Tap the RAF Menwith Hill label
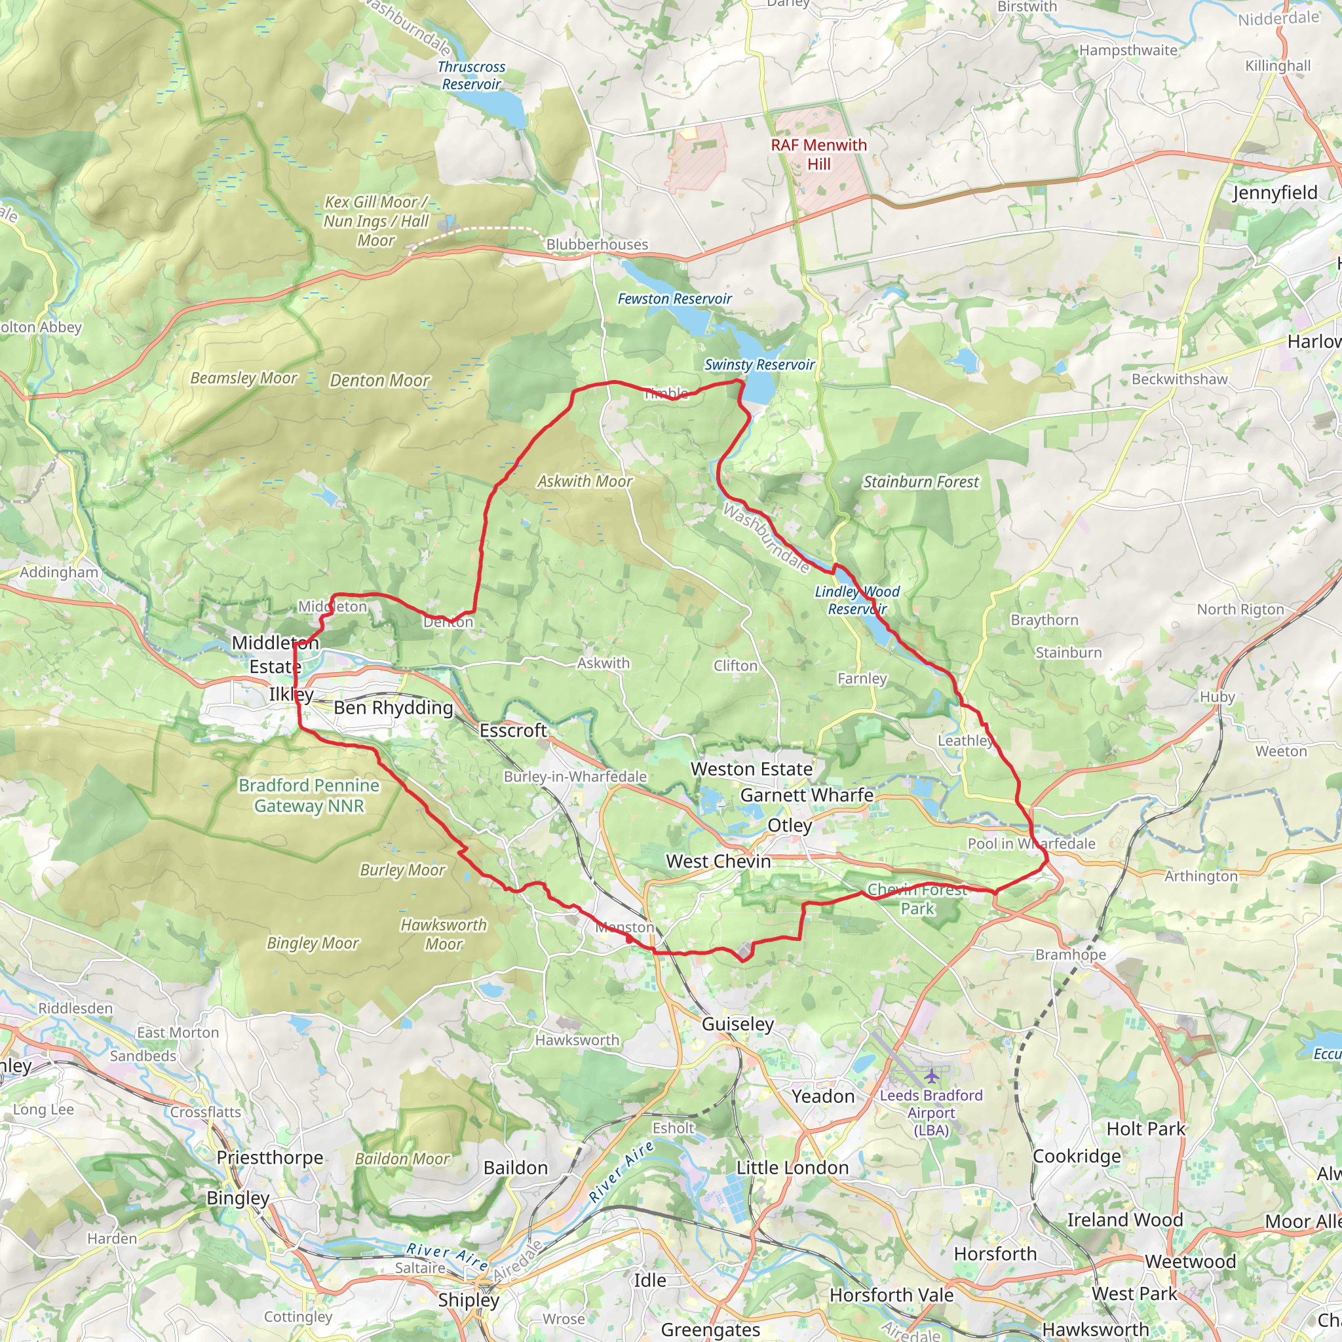[819, 154]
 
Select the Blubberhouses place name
[597, 244]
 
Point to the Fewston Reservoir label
[674, 299]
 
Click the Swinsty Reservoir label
[759, 365]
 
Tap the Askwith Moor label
[585, 482]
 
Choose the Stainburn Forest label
[921, 482]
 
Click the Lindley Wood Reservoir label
[857, 600]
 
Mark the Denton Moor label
[380, 381]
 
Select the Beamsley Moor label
[244, 378]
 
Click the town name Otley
[789, 825]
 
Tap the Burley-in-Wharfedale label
[575, 776]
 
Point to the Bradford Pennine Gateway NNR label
[309, 796]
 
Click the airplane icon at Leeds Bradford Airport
[930, 1076]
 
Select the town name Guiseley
[738, 1024]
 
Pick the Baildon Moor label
[402, 1159]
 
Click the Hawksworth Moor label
[444, 934]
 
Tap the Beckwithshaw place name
[1179, 379]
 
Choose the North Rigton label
[1240, 609]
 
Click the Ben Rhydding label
[393, 708]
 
